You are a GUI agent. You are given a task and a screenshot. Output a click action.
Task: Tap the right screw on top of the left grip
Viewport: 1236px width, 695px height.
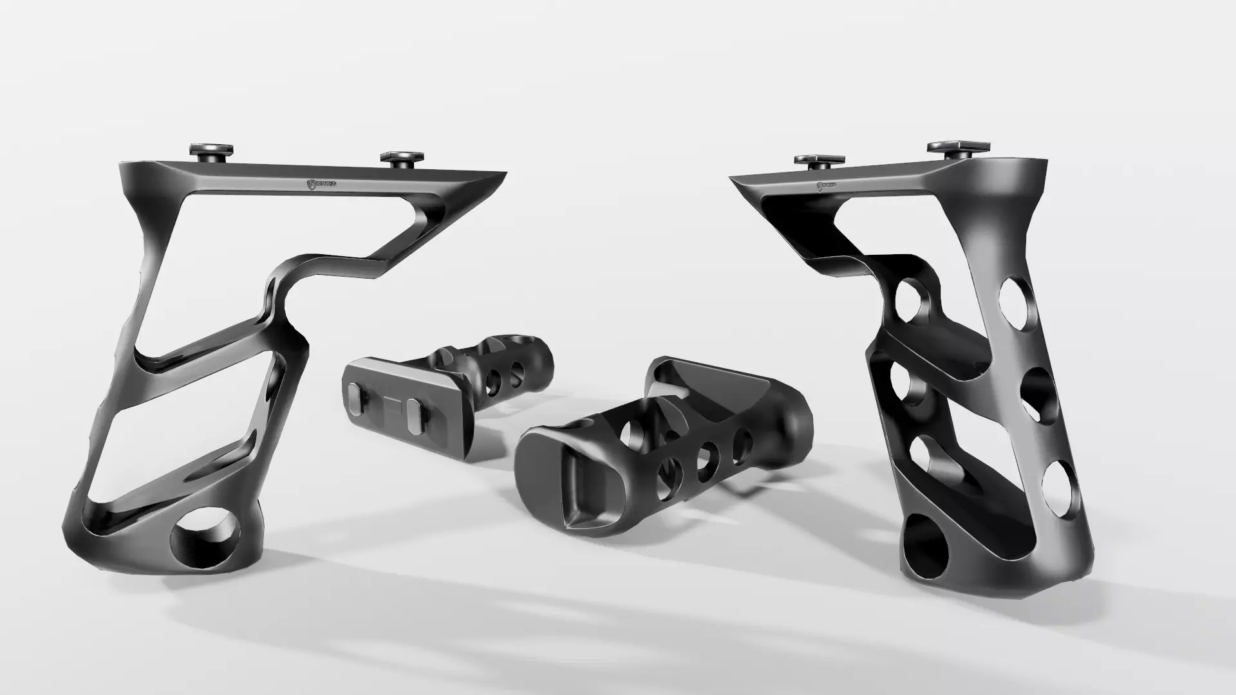coord(402,158)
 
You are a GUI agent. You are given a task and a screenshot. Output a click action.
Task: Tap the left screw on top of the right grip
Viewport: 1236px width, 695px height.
coord(818,160)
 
